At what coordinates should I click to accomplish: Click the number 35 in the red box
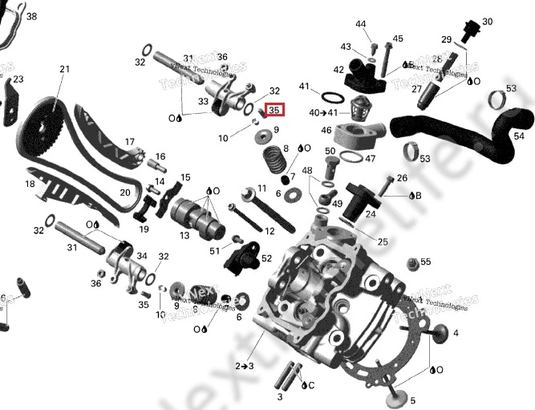tap(274, 110)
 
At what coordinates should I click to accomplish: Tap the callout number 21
tap(64, 70)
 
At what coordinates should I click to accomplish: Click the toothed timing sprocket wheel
tap(42, 128)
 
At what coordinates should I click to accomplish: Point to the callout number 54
tap(520, 137)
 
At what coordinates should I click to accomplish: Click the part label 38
tap(31, 16)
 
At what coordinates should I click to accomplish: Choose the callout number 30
tap(487, 22)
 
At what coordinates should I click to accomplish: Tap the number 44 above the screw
tap(361, 24)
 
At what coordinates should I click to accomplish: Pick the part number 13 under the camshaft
tap(184, 235)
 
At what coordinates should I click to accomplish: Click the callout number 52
tap(266, 258)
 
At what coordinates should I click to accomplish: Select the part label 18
tap(30, 185)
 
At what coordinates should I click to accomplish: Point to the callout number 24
tap(371, 214)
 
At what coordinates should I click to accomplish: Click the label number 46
tap(326, 130)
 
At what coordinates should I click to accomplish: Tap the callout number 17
tap(129, 142)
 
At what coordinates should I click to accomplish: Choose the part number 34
tap(142, 256)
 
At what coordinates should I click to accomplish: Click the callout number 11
tap(261, 189)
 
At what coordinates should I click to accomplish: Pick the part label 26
tap(402, 178)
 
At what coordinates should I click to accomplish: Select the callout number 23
tap(18, 79)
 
